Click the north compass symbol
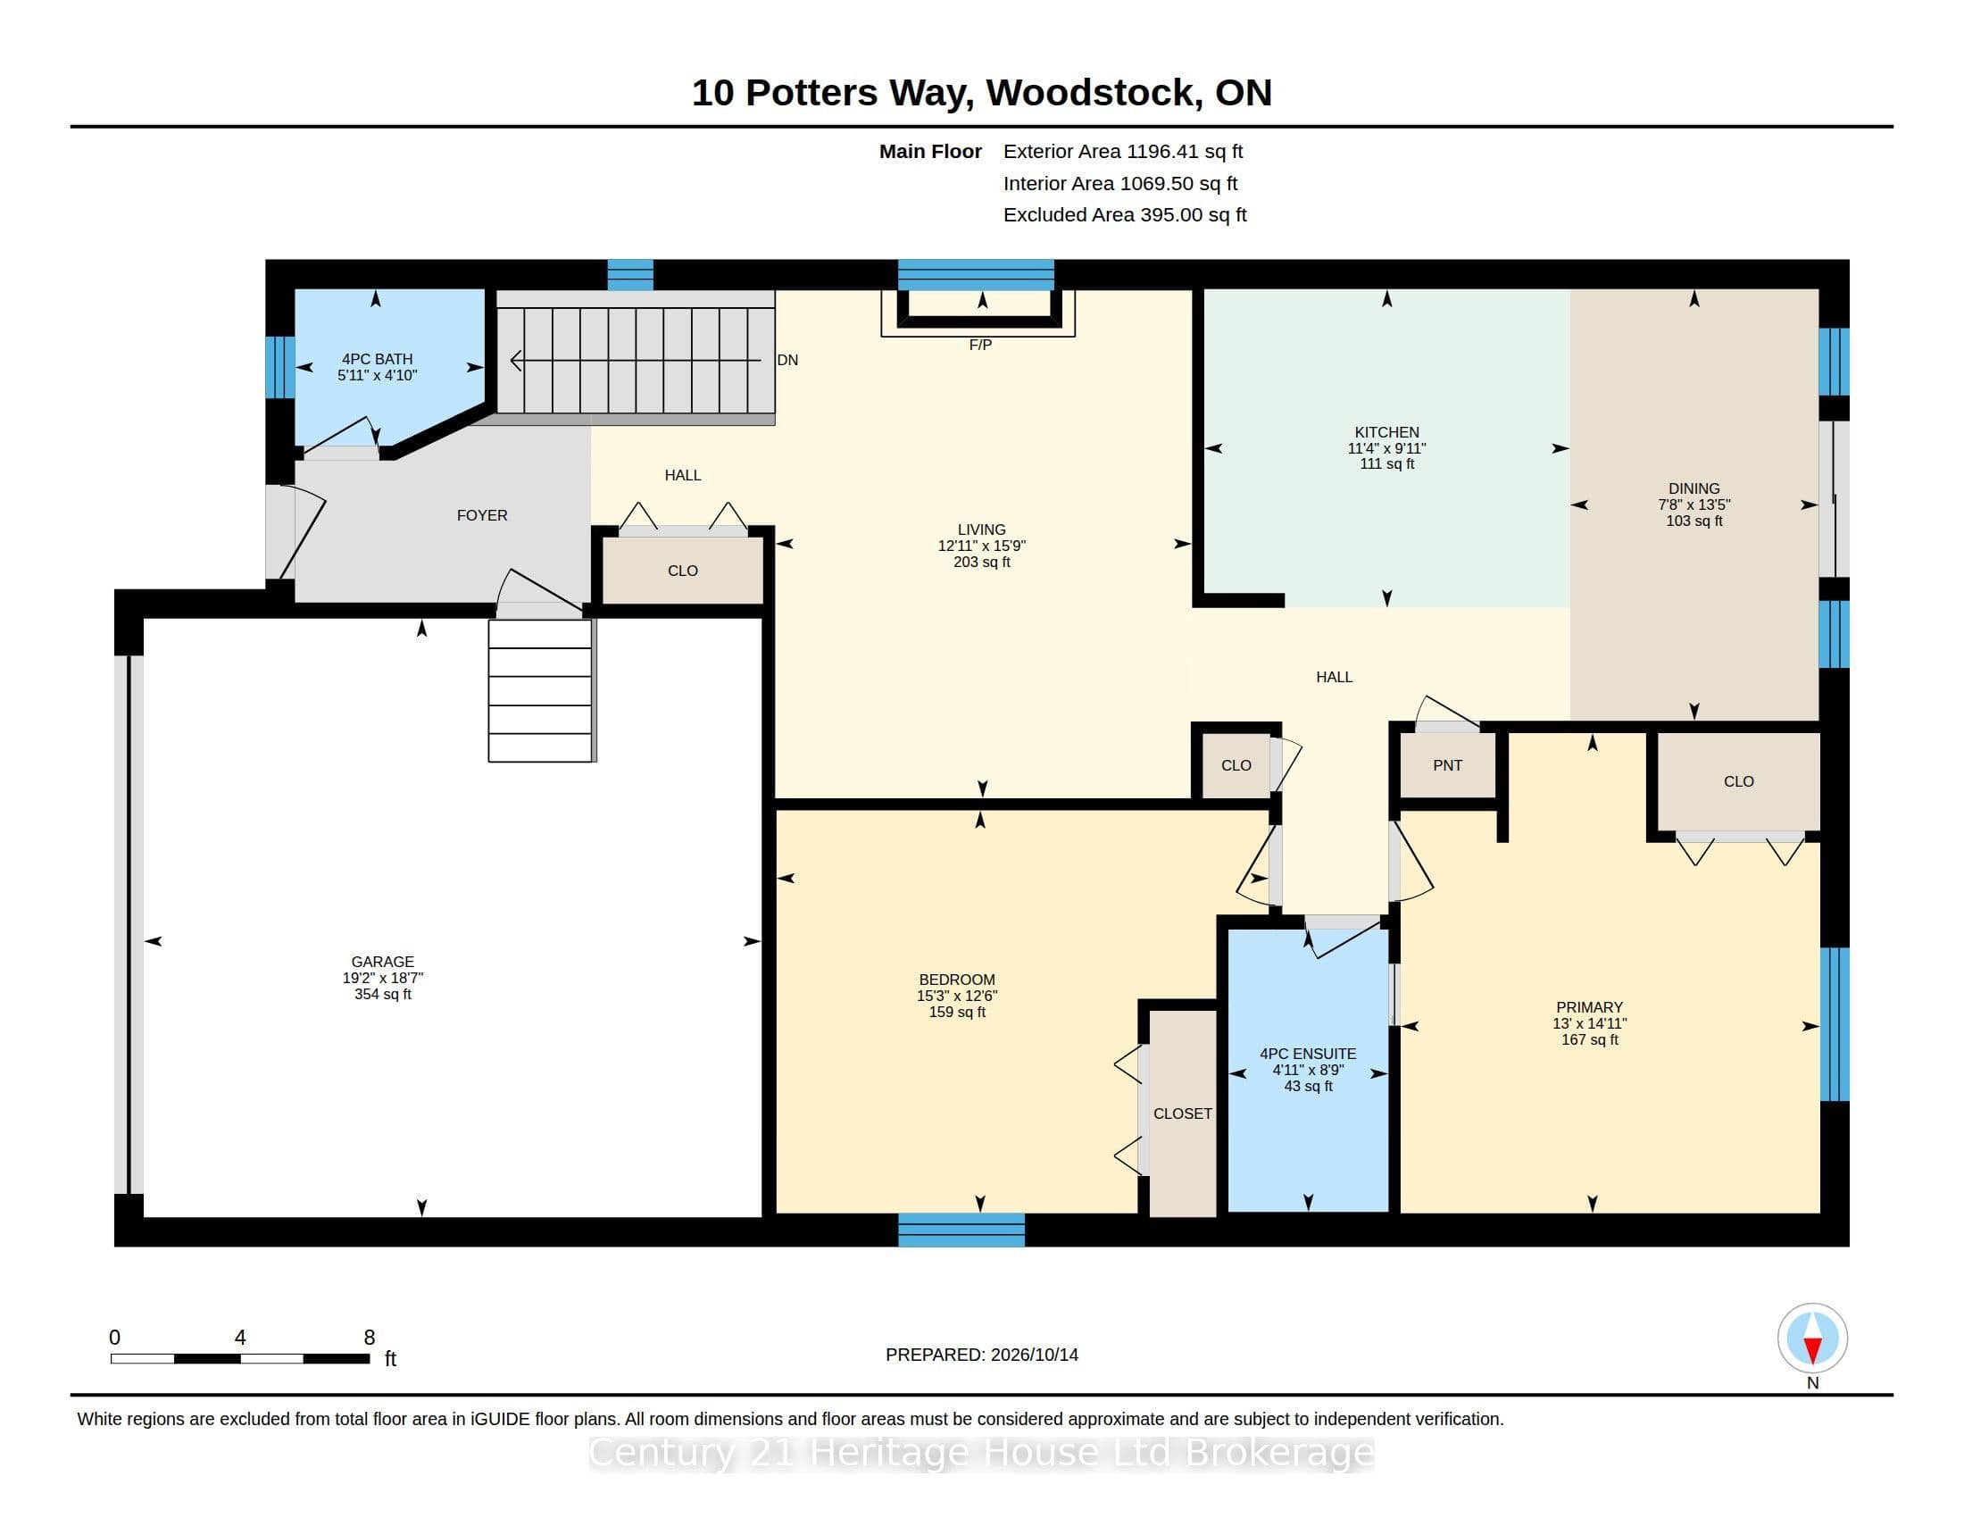point(1812,1339)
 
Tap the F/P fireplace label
point(980,346)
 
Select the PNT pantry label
point(1447,765)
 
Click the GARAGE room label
point(382,962)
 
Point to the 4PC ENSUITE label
point(1308,1054)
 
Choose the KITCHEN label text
point(1386,432)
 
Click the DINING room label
point(1694,489)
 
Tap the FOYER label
point(482,515)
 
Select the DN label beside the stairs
point(786,360)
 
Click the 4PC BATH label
point(377,359)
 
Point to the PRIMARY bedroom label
point(1589,1007)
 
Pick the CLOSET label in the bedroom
point(1183,1113)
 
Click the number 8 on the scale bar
point(369,1338)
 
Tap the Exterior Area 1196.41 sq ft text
point(1123,151)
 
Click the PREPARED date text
point(981,1355)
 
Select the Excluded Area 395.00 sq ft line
point(1125,215)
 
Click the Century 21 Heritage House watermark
point(981,1453)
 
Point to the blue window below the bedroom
point(961,1230)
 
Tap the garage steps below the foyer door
point(540,690)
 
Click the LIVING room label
point(981,530)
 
